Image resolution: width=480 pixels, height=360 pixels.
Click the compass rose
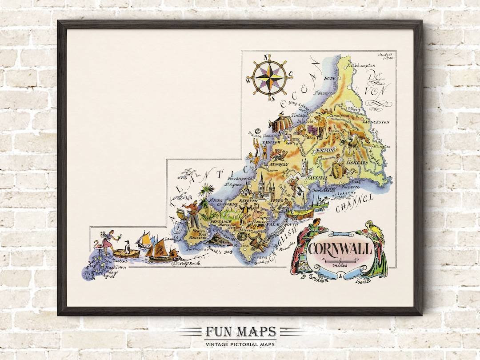coord(269,76)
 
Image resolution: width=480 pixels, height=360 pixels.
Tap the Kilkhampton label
coord(363,65)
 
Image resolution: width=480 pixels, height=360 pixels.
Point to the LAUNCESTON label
coord(376,122)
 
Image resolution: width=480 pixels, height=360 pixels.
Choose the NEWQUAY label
coord(279,164)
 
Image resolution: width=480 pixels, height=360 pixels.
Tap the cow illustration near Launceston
coord(356,138)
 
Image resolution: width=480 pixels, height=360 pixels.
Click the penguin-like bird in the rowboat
coord(127,247)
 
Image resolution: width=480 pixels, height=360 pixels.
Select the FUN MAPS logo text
coord(240,332)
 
